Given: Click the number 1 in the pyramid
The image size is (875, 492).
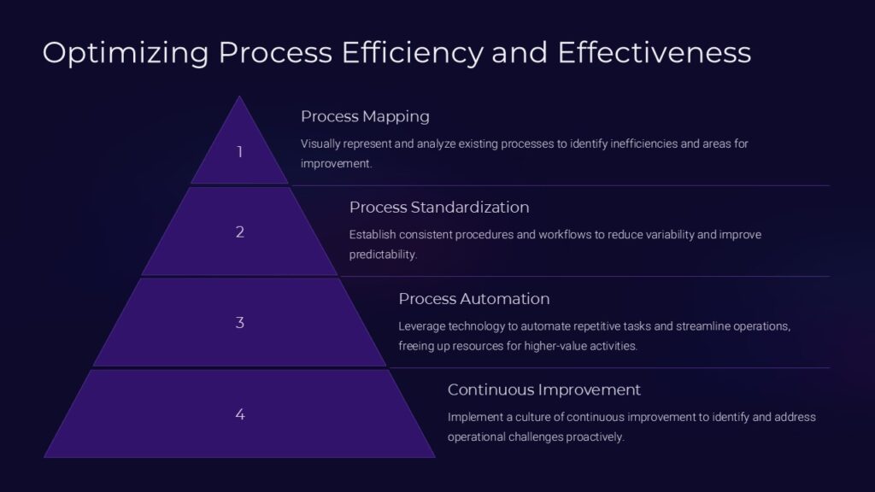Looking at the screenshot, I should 240,152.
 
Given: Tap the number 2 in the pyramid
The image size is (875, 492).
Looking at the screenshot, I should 240,231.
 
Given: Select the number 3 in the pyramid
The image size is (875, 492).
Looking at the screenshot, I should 240,323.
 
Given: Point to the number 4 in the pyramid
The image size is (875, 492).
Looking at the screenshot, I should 240,414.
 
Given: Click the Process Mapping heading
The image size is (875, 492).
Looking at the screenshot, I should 365,116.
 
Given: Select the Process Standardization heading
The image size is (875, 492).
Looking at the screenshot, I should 439,208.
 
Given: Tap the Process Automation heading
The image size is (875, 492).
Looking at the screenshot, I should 473,299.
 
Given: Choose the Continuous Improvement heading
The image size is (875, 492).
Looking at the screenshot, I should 543,390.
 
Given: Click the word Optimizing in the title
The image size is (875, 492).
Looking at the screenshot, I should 125,53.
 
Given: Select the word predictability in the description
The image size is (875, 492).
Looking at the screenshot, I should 382,255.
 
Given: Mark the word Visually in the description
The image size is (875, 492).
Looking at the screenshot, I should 321,143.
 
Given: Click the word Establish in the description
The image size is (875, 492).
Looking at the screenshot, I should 373,234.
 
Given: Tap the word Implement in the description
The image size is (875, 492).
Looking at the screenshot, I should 475,417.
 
